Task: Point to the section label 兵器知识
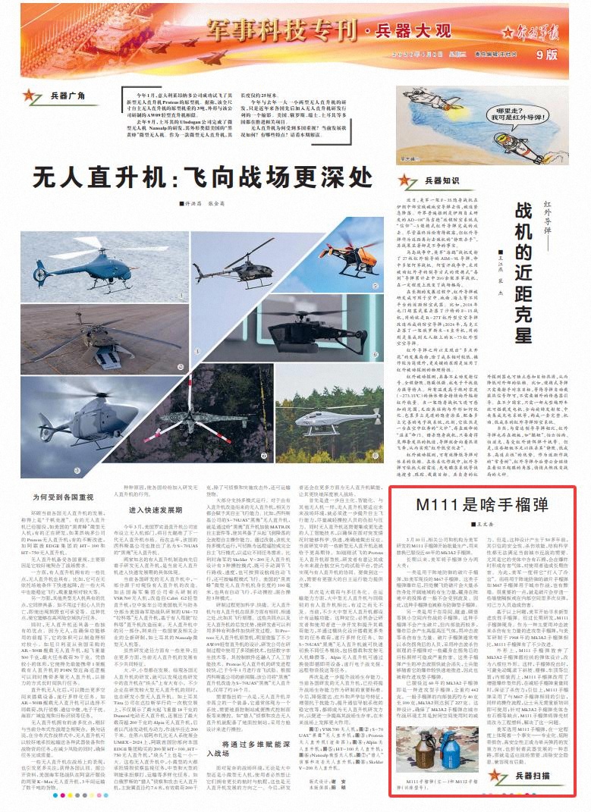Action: click(442, 180)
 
